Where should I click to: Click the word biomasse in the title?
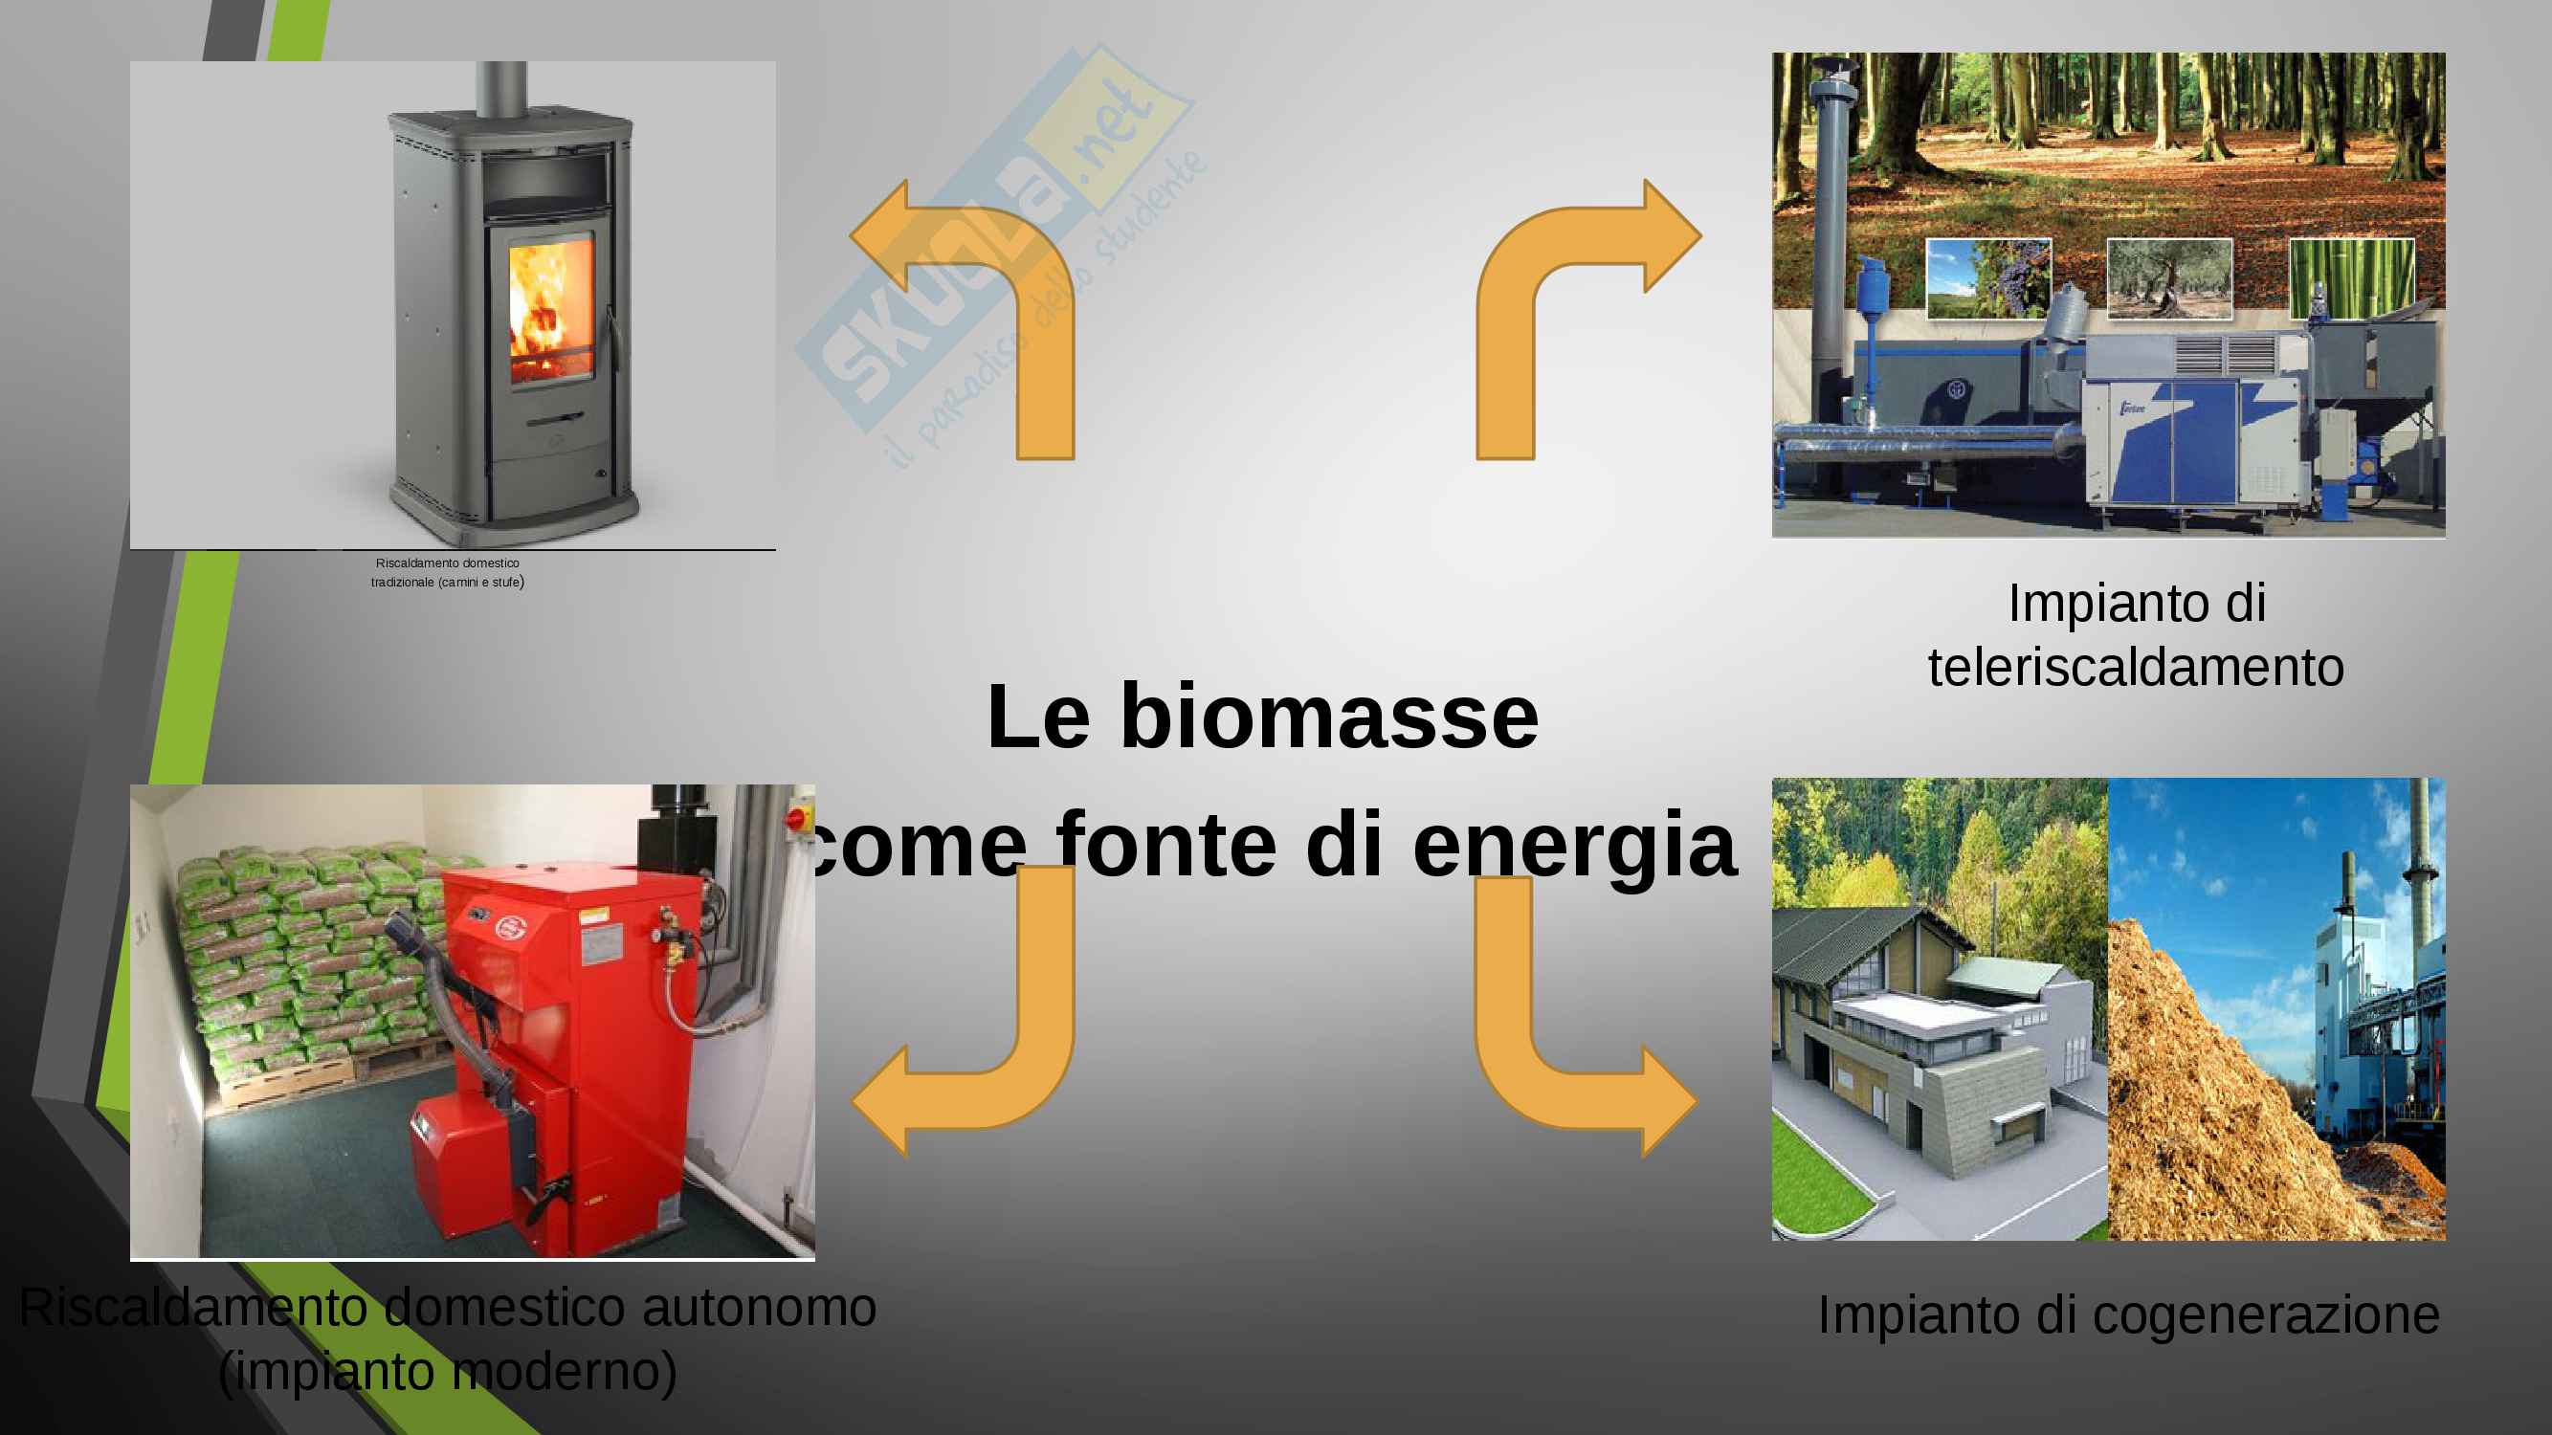pyautogui.click(x=1328, y=716)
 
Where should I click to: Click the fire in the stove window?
pyautogui.click(x=551, y=312)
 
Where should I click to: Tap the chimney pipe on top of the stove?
pyautogui.click(x=501, y=87)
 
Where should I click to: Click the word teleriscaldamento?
pyautogui.click(x=2136, y=668)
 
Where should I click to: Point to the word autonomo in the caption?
pyautogui.click(x=759, y=1307)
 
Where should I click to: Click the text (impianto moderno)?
pyautogui.click(x=448, y=1372)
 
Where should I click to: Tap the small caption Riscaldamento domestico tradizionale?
pyautogui.click(x=448, y=572)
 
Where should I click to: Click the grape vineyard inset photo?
pyautogui.click(x=1987, y=278)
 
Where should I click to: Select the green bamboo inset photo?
pyautogui.click(x=2351, y=278)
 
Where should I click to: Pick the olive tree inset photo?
pyautogui.click(x=2169, y=278)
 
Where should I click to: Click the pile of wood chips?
pyautogui.click(x=2249, y=1099)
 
